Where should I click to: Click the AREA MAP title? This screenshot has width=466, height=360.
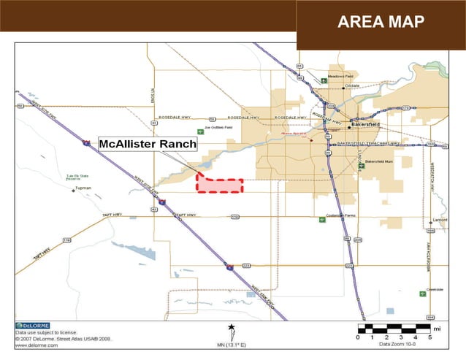[381, 22]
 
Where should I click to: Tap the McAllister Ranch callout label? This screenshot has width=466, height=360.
[148, 144]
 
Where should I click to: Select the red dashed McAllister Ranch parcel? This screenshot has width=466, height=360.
[219, 185]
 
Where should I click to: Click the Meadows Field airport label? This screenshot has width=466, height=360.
[341, 76]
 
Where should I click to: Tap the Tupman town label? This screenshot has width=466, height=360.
[83, 188]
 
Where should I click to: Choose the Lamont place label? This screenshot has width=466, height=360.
[440, 219]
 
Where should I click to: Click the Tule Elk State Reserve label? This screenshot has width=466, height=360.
[68, 177]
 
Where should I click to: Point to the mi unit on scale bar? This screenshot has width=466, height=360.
[437, 329]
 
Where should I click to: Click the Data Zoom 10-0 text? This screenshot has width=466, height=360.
[400, 345]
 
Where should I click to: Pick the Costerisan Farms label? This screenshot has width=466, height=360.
[340, 217]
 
